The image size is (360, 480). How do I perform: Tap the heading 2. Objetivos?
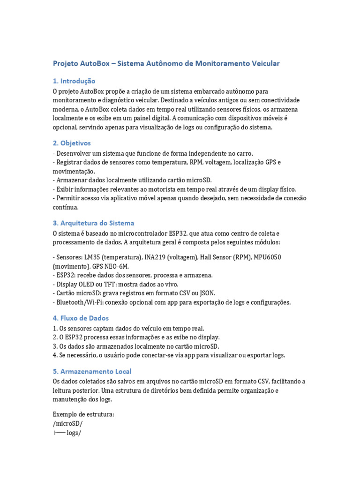72,143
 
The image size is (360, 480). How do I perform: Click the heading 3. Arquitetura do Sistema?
93,223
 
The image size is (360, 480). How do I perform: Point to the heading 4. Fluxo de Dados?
81,318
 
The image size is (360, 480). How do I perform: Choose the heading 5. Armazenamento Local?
92,371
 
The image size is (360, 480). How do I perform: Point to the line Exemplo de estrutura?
83,414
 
